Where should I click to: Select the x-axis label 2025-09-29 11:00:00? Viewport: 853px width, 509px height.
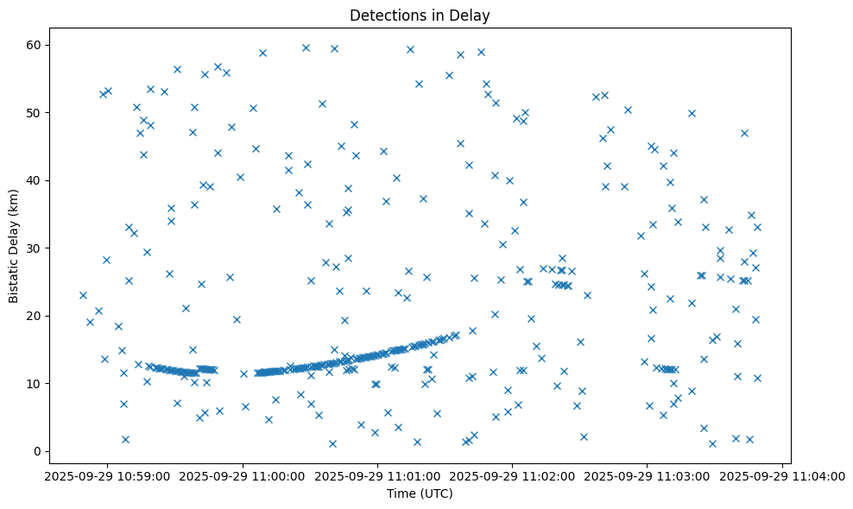pos(243,475)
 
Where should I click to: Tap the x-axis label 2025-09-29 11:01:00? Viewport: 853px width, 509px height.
pos(378,475)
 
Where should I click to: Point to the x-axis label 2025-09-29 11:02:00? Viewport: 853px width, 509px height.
pos(513,475)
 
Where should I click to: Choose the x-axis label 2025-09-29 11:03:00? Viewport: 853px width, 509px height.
pos(648,475)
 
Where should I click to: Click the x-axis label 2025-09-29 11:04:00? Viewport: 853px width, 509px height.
pos(782,475)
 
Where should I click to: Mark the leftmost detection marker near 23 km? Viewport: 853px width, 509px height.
pos(83,295)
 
